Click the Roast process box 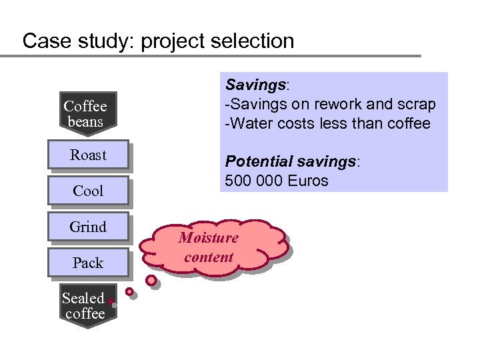[x=88, y=155]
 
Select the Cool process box [x=88, y=191]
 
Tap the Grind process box [x=88, y=227]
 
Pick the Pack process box [x=88, y=263]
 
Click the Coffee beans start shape [x=85, y=113]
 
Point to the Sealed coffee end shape [x=84, y=307]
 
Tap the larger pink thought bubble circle [x=151, y=281]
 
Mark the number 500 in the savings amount [x=237, y=181]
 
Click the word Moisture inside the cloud [x=209, y=238]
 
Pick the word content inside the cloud [x=209, y=257]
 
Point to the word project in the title [x=175, y=41]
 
